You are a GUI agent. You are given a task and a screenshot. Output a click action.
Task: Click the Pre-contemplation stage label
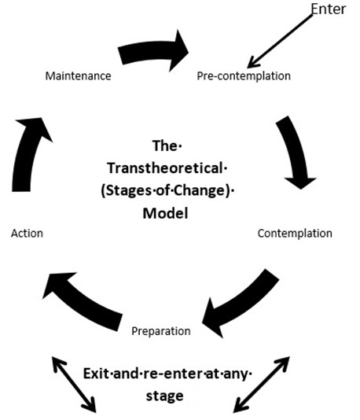click(244, 76)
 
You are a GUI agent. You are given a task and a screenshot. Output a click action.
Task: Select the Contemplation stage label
click(295, 234)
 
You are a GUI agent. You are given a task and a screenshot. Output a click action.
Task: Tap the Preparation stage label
click(160, 331)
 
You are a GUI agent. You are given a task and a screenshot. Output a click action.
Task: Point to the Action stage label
click(28, 234)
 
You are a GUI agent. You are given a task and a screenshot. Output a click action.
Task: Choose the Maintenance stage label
click(77, 76)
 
